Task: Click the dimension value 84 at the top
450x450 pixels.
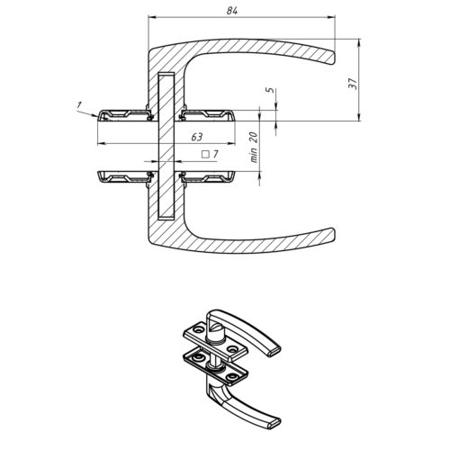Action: coord(232,11)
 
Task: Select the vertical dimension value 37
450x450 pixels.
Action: coord(353,84)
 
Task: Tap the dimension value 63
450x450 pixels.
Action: coord(197,137)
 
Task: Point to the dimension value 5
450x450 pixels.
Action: coord(270,90)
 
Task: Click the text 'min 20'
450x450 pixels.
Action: coord(254,148)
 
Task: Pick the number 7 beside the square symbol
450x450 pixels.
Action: coord(215,155)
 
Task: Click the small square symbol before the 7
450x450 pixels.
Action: coord(205,155)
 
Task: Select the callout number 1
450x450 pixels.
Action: coord(79,105)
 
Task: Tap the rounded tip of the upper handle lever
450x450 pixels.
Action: coord(333,58)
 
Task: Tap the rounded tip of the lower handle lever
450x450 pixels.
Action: coord(333,234)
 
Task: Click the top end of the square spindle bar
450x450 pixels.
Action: coord(166,73)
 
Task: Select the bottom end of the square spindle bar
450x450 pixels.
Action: coord(166,218)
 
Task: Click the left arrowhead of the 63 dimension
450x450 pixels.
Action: coord(102,144)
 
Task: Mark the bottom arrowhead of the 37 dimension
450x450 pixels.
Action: coord(359,117)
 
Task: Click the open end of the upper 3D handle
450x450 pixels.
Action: coord(274,351)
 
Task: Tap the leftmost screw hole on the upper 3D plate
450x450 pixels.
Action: coord(198,329)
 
